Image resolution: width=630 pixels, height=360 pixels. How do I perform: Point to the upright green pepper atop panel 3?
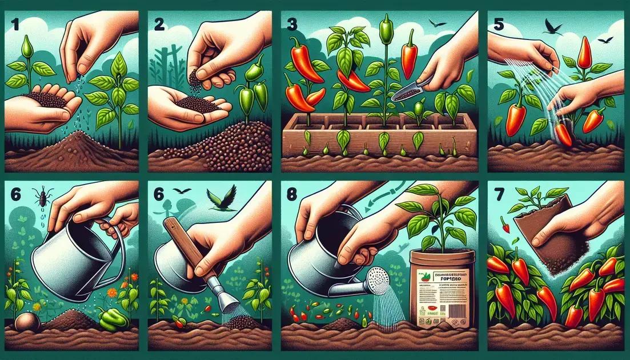tap(386, 29)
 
